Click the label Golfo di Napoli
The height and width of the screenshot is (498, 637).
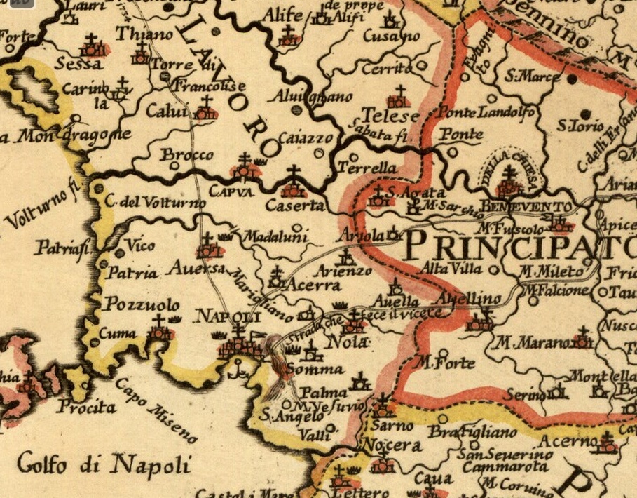(x=104, y=464)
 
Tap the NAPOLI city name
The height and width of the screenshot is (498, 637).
(x=222, y=317)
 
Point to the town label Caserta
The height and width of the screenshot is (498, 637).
(x=295, y=206)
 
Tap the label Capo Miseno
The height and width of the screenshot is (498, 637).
(x=156, y=409)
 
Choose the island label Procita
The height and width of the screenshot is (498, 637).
(x=85, y=406)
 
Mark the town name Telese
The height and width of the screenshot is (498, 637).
(x=390, y=116)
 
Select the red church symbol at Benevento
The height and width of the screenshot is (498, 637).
(x=509, y=184)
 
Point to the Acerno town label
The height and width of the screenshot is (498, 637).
(x=573, y=441)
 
